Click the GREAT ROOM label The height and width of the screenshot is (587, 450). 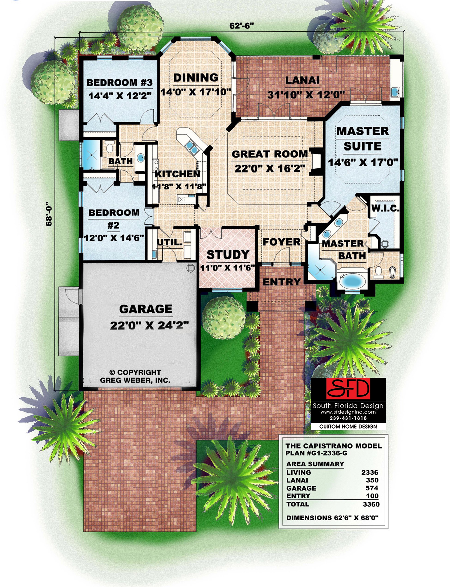(x=269, y=154)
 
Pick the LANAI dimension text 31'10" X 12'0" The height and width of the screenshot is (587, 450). (x=306, y=94)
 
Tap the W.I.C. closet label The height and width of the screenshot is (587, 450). (x=385, y=208)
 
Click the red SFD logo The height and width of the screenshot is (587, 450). (x=348, y=389)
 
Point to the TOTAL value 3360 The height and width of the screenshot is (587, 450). (x=371, y=504)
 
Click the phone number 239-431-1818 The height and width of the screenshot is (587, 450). (x=348, y=418)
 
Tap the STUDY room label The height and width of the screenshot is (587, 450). (x=228, y=255)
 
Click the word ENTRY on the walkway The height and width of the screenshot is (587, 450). (x=282, y=282)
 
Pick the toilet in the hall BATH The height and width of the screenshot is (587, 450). (x=109, y=147)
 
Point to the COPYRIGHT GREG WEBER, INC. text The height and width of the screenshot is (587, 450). (x=135, y=376)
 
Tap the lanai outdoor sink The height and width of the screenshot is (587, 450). (x=395, y=92)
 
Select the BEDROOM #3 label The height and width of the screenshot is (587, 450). (x=119, y=82)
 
